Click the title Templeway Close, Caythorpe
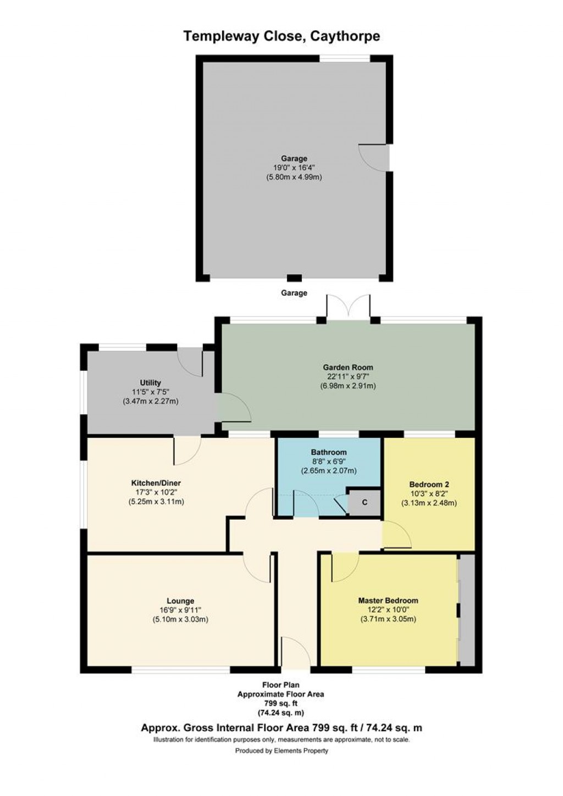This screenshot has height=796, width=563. (281, 36)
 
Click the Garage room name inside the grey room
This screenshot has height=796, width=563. (294, 159)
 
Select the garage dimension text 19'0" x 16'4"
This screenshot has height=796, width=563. (294, 168)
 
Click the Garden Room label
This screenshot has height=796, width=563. (347, 368)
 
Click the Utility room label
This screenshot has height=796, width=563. (150, 383)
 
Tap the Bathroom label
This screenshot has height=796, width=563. (328, 452)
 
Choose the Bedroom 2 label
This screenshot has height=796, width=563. (429, 485)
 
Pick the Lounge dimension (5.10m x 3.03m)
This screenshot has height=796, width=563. (180, 620)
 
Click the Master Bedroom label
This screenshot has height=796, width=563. (388, 600)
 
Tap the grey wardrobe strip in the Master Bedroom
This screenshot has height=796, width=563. (467, 610)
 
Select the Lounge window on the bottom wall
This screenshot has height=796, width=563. (180, 670)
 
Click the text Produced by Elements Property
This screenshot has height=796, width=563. (281, 751)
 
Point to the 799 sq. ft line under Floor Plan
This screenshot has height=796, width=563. (280, 704)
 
